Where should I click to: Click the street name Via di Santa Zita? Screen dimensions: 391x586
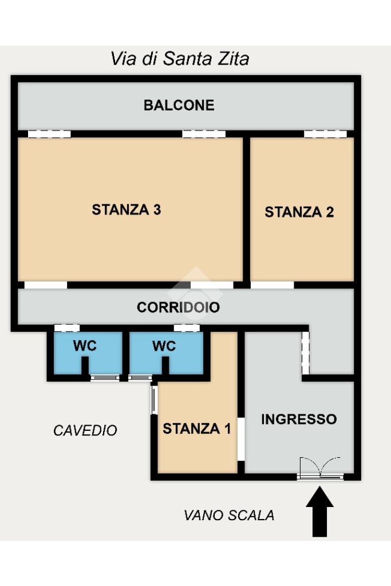pos(180,59)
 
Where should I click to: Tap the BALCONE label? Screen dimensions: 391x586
pos(179,105)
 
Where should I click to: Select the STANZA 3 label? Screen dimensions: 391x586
pos(127,209)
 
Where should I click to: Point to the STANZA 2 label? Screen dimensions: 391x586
pos(299,212)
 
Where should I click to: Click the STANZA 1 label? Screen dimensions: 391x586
pos(196,428)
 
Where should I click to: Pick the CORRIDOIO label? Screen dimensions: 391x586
pos(178,307)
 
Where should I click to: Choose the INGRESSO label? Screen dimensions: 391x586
pos(299,419)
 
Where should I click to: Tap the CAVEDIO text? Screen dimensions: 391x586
pos(85,430)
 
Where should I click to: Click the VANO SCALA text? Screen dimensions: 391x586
pos(229,516)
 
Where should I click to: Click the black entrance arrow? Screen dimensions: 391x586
pos(319,511)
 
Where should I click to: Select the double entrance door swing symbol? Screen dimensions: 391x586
pos(321,467)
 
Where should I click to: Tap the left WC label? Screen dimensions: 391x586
pos(85,346)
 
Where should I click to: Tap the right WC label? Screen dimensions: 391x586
pos(164,346)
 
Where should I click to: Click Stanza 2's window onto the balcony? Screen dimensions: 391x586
pos(325,134)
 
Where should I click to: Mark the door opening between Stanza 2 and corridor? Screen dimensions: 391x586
pos(272,285)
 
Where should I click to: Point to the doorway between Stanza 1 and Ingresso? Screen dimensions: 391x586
pos(241,439)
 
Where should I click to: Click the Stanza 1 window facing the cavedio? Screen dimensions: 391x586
pos(153,400)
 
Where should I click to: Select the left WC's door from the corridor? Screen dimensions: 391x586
pos(67,328)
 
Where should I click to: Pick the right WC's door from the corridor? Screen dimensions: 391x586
pos(187,328)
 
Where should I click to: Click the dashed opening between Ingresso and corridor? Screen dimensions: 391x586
pos(305,353)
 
